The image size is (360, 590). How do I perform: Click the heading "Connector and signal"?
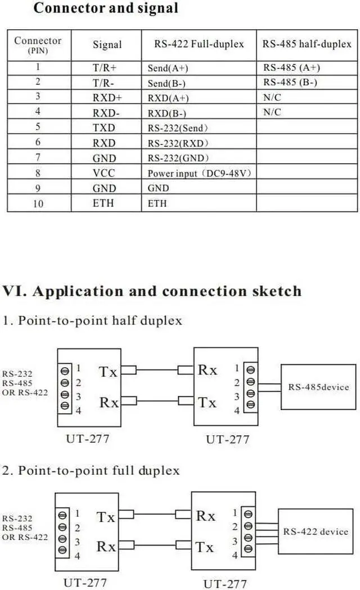106,8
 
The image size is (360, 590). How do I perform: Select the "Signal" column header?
107,45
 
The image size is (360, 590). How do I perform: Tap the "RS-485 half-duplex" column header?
307,44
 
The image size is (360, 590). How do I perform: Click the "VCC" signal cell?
103,173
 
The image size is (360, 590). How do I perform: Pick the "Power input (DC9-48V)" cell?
199,173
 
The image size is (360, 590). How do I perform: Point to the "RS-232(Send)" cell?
177,128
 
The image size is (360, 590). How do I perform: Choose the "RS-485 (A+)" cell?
291,67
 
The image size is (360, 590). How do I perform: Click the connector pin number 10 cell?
38,204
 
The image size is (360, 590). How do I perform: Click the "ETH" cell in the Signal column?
103,203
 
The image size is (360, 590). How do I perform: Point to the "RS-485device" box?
318,387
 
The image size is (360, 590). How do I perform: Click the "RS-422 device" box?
316,532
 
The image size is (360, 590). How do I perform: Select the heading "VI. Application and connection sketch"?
152,291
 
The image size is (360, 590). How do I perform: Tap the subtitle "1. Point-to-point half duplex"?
92,321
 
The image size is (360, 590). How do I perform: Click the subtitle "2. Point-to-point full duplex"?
91,470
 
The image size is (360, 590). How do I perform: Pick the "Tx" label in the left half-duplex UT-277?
109,371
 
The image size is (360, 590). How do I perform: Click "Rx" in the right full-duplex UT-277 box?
205,516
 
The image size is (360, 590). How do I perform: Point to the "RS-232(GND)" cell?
178,158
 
